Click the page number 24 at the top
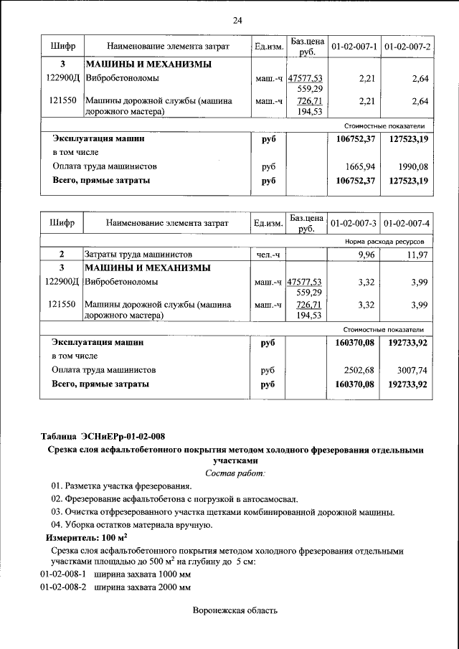coord(237,20)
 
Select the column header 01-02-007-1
coord(354,47)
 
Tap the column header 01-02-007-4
coord(407,222)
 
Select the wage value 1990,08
coord(413,166)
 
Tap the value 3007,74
coord(413,370)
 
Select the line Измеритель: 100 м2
coord(87,537)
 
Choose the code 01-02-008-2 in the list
coord(62,587)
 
